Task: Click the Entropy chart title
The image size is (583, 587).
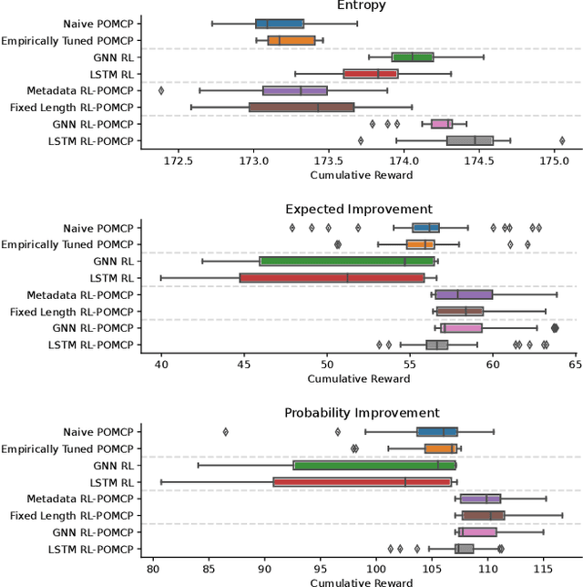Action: point(361,5)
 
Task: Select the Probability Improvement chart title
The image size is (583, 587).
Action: point(361,413)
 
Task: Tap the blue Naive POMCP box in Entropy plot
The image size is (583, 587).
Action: point(280,24)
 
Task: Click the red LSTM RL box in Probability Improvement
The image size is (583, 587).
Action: point(362,481)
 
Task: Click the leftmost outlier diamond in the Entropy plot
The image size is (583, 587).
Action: point(161,90)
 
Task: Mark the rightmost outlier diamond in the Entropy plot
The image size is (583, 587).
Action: point(562,140)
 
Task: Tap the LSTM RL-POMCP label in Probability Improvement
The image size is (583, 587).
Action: point(90,549)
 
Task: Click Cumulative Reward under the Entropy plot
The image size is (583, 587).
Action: point(361,175)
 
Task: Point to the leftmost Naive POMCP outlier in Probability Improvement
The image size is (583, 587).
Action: point(226,431)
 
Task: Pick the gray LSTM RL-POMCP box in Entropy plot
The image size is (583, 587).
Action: point(469,140)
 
